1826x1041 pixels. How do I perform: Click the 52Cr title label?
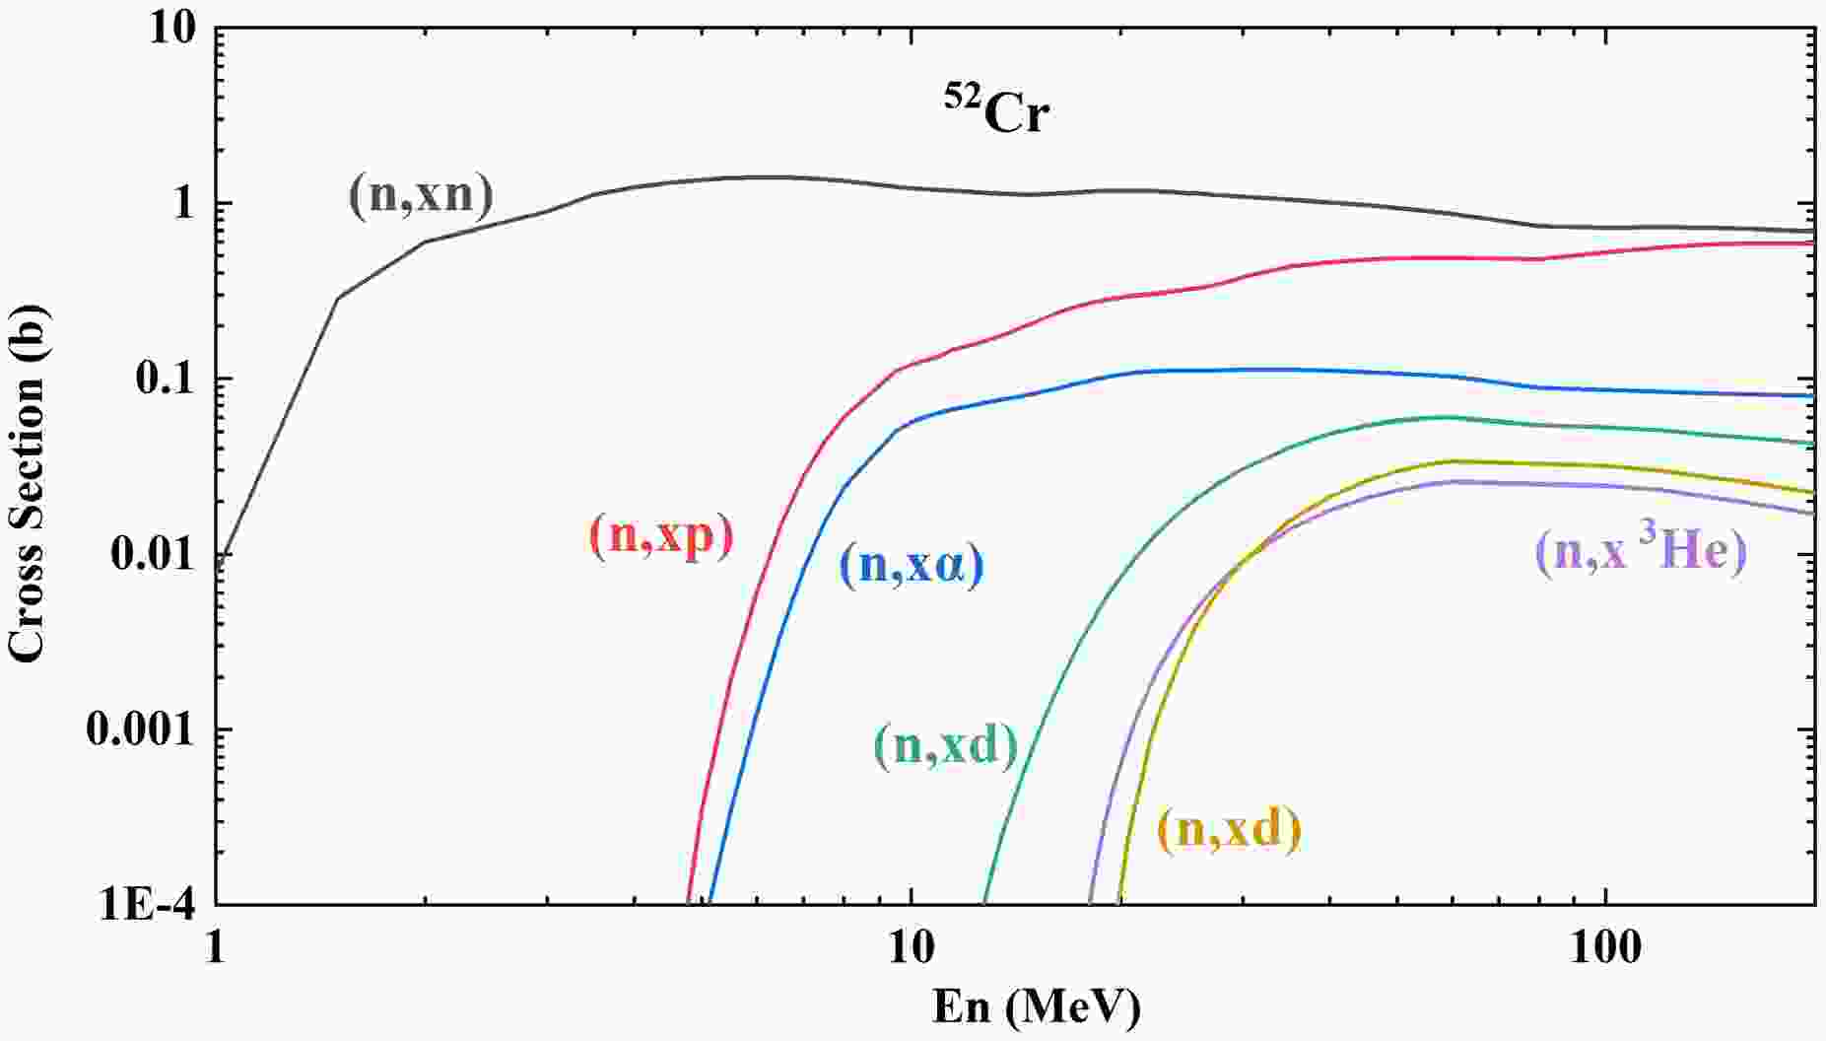[992, 111]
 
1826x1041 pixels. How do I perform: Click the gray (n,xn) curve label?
[421, 195]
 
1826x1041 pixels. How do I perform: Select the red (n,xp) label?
[661, 536]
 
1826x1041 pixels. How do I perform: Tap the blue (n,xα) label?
[912, 567]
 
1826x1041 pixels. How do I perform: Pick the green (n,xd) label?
[945, 746]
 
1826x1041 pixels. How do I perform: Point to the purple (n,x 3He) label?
[1641, 550]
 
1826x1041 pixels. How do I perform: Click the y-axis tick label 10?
[173, 29]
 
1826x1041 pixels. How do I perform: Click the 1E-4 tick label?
[147, 904]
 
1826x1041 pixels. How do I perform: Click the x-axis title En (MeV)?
[1036, 1007]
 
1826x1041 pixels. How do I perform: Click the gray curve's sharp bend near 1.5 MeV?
[338, 298]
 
